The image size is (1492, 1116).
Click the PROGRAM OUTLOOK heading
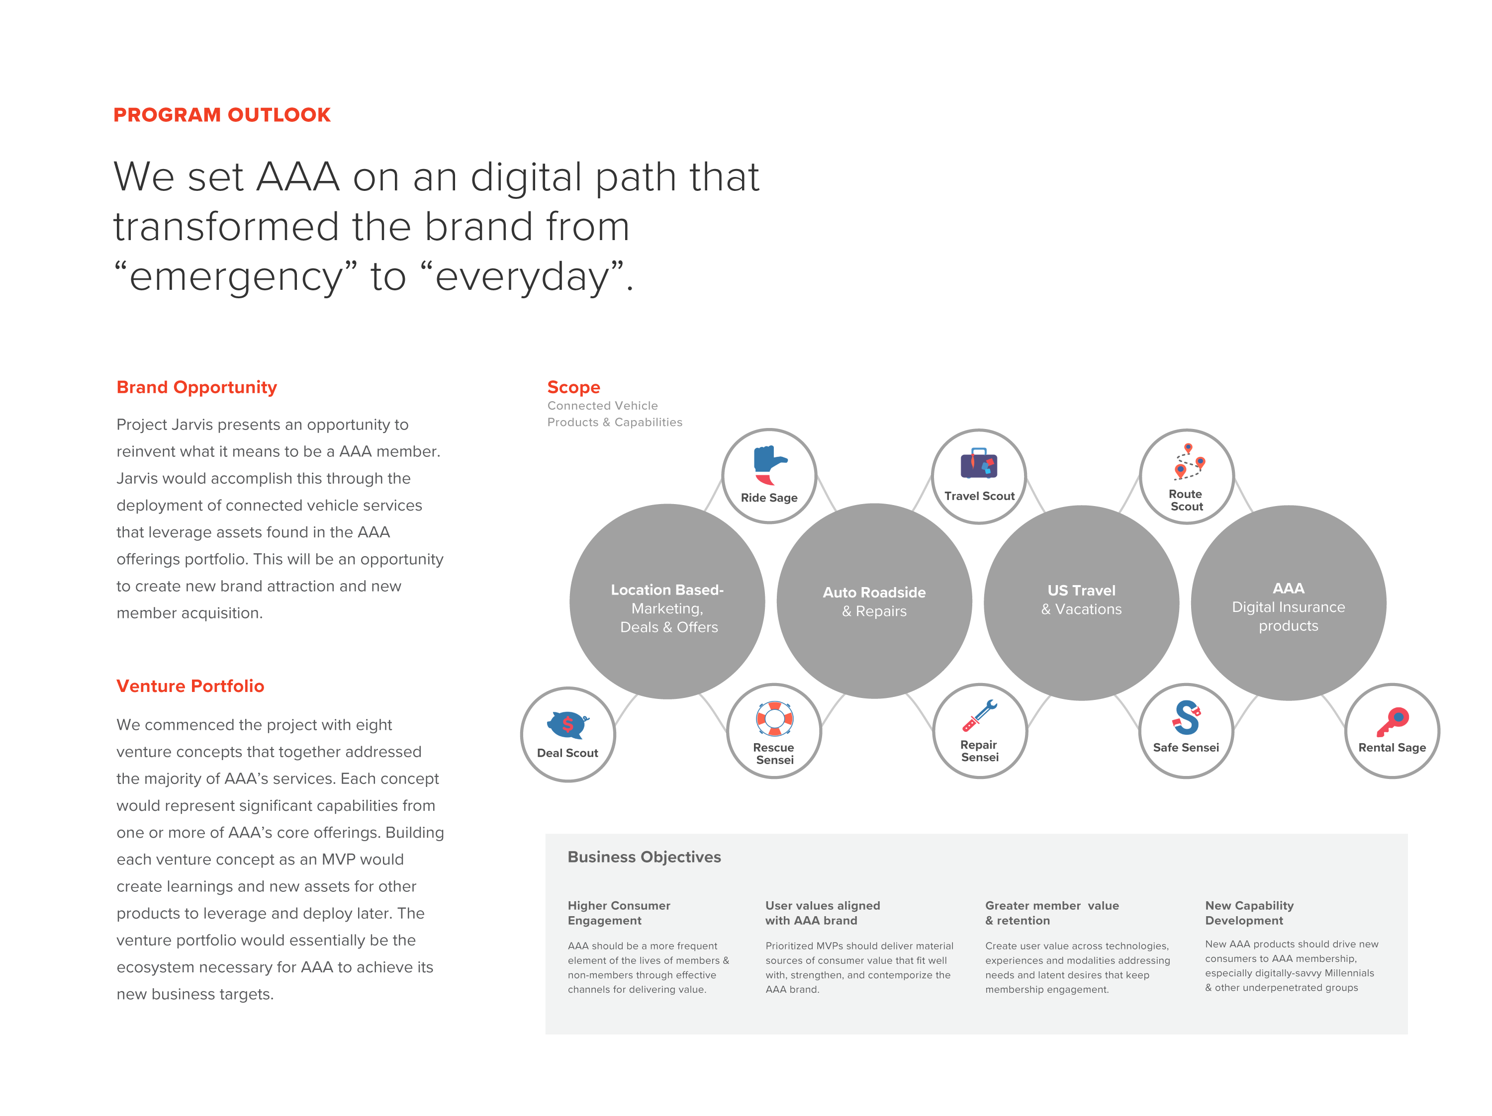click(222, 115)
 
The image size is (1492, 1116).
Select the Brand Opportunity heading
click(196, 387)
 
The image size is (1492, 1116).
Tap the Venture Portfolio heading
click(190, 686)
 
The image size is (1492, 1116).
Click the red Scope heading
click(573, 387)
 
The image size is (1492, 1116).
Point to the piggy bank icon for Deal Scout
click(568, 725)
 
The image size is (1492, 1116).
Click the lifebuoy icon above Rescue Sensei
click(774, 719)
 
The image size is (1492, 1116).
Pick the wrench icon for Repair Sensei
click(980, 715)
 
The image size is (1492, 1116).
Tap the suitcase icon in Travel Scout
click(979, 464)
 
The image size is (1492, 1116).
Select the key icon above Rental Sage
click(1392, 721)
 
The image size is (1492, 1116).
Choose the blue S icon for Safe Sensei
click(1187, 717)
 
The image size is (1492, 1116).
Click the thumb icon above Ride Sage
click(769, 465)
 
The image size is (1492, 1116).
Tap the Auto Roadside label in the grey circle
click(874, 592)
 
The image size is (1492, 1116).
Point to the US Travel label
click(1081, 590)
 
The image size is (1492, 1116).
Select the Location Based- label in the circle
click(667, 590)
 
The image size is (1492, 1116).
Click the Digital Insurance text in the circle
click(1288, 607)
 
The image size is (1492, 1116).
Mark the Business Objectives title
click(644, 857)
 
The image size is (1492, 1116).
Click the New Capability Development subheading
click(1249, 913)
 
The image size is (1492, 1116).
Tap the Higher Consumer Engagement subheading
click(619, 913)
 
